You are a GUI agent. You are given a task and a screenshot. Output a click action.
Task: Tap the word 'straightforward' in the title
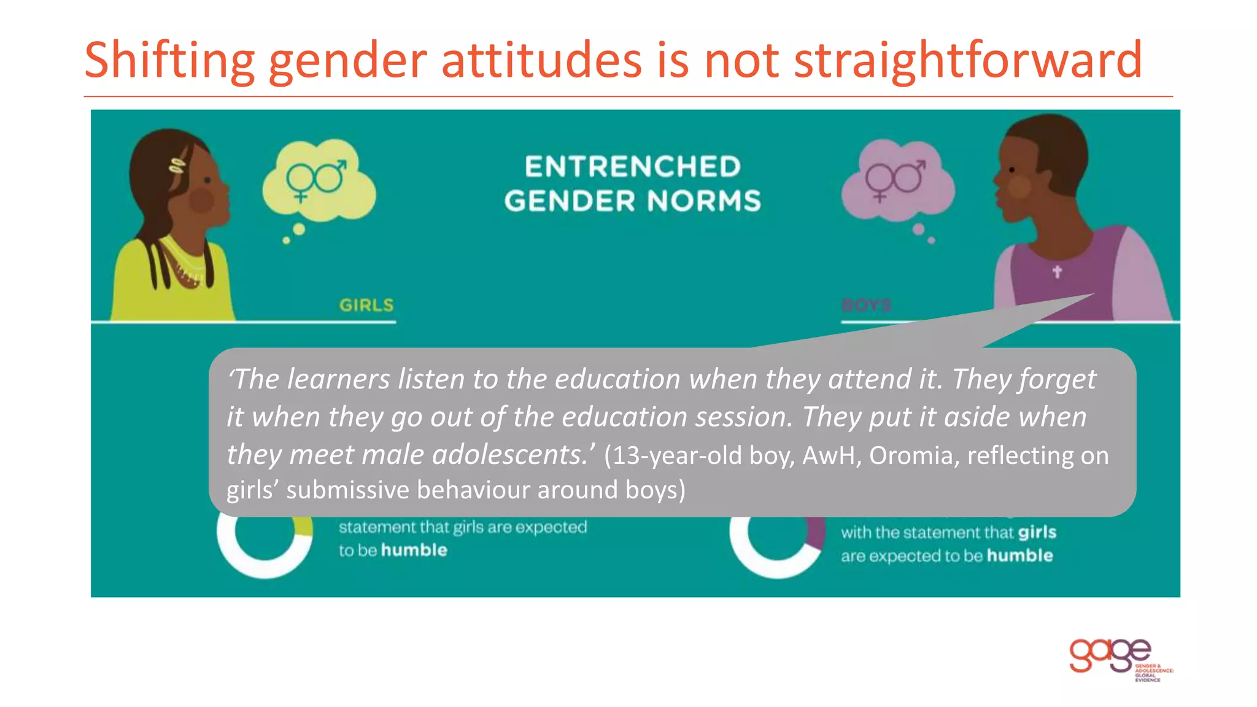pos(967,60)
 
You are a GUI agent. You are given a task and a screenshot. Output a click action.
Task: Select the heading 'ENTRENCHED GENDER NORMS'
pos(632,184)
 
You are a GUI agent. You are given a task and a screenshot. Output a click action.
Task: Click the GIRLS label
pos(366,305)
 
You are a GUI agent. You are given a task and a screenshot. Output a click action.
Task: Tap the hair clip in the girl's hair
pos(177,165)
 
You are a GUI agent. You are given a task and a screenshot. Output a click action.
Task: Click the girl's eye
pos(207,180)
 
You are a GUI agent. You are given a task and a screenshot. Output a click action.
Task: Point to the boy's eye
pos(1011,169)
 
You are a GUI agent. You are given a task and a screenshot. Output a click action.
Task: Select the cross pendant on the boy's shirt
pos(1057,271)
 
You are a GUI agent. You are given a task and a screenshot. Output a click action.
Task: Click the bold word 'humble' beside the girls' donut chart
pos(414,550)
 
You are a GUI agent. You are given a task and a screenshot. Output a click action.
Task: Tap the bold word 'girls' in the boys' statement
pos(1037,532)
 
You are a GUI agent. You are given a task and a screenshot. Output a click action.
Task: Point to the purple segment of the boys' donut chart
pos(816,532)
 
